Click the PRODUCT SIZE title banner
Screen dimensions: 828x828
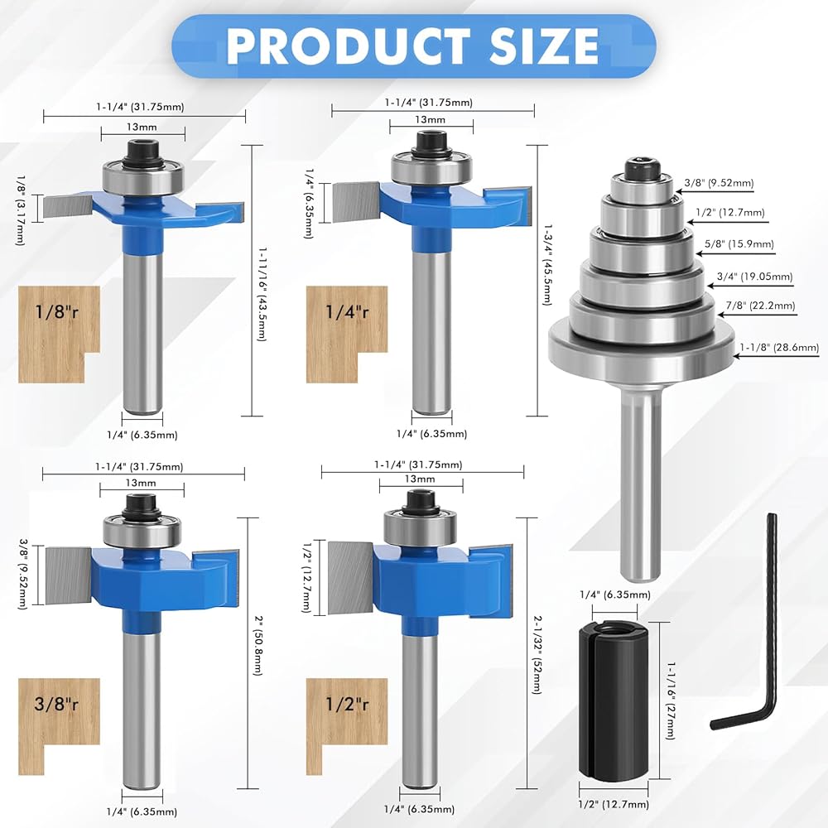pos(413,46)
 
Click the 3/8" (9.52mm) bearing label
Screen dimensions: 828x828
pos(719,183)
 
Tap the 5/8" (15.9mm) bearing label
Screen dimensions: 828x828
pos(739,244)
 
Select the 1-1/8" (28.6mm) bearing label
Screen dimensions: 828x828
pos(779,348)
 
